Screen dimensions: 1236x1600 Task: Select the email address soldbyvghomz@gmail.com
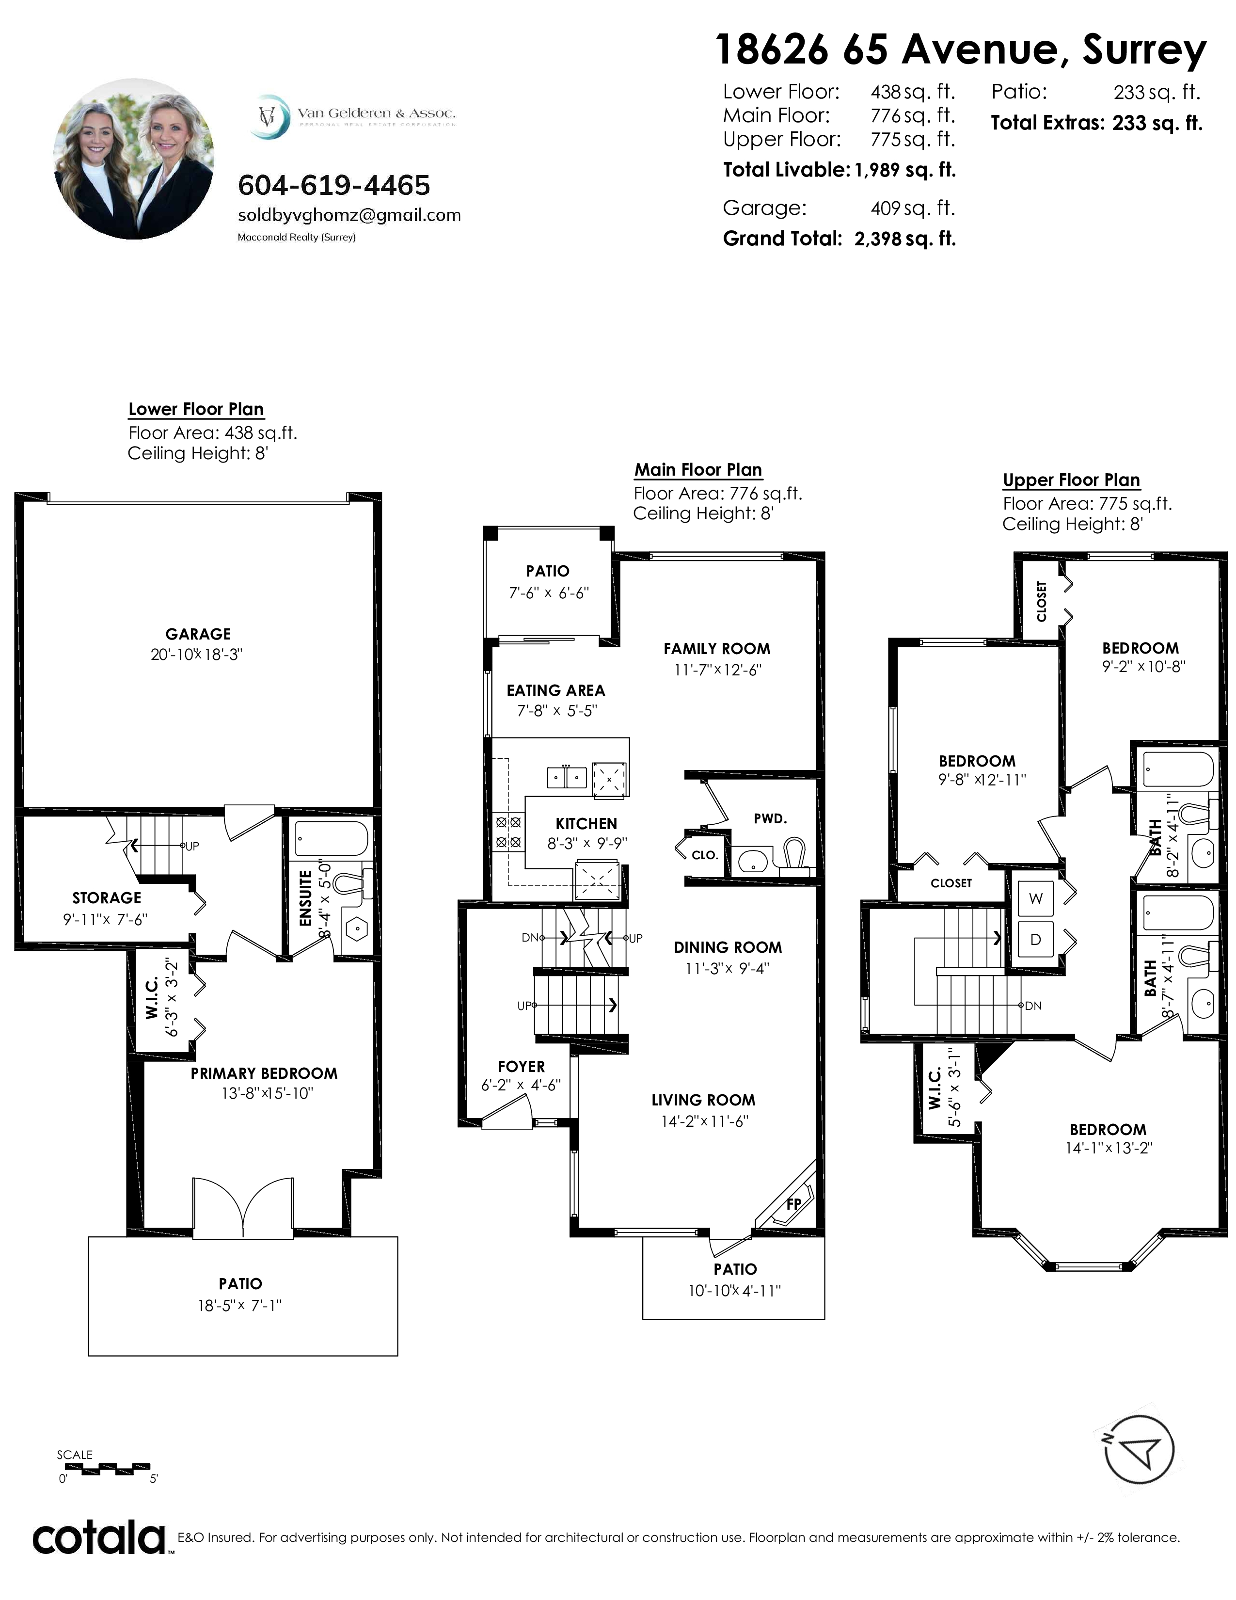tap(349, 215)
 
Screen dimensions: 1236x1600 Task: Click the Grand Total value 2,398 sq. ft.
tap(905, 239)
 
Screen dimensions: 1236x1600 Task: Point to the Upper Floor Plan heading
tap(1071, 480)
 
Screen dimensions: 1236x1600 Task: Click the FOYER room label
tap(522, 1067)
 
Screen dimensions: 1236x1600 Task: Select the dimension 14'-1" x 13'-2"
tap(1109, 1148)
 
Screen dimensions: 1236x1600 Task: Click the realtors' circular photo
tap(135, 159)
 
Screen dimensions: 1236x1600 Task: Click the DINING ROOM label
tap(728, 947)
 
